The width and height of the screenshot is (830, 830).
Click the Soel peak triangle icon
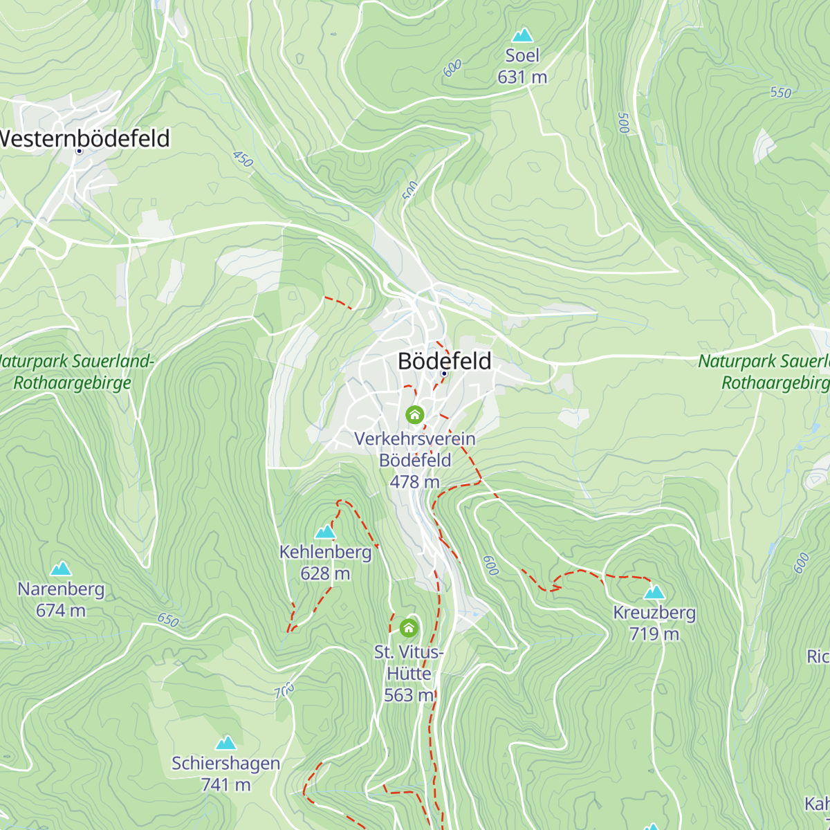click(x=522, y=35)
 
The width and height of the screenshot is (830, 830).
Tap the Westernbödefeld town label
click(x=84, y=138)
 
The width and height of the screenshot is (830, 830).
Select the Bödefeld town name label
click(x=445, y=361)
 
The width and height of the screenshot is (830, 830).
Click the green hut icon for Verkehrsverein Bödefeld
click(x=414, y=414)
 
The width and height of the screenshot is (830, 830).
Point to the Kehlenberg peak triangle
click(x=325, y=532)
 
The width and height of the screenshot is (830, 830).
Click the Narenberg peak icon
click(x=61, y=569)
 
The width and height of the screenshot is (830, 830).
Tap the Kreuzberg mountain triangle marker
click(x=654, y=593)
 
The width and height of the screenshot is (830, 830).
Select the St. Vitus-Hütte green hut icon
click(x=409, y=628)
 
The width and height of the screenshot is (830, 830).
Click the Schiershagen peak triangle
click(x=225, y=744)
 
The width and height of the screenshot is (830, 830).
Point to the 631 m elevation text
click(x=522, y=77)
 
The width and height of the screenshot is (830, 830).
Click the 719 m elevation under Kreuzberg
click(x=654, y=634)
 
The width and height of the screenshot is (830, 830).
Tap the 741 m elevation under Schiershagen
click(x=225, y=784)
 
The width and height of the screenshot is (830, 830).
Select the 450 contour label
click(x=243, y=159)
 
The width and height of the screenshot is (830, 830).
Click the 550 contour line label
click(x=780, y=93)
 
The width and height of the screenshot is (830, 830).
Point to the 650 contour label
click(x=168, y=620)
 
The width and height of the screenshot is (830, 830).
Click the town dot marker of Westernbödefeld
click(x=79, y=151)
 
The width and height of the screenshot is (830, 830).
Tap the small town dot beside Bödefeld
click(x=444, y=373)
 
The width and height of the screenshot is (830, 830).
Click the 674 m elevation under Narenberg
click(x=61, y=610)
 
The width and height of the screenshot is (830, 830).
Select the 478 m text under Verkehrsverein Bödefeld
click(x=414, y=481)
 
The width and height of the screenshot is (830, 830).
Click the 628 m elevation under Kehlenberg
click(x=325, y=573)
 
